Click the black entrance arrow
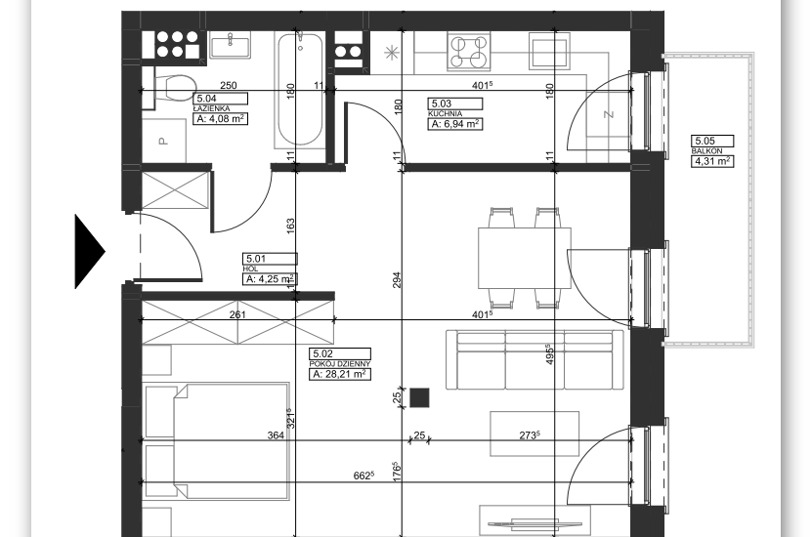[90, 252]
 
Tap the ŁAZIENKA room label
[211, 108]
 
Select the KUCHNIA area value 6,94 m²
[455, 124]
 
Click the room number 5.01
[256, 258]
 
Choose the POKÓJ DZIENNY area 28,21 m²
[340, 374]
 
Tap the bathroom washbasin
[231, 44]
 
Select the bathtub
[300, 89]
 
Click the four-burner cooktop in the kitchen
[469, 51]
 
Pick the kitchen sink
[549, 50]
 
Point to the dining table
[525, 258]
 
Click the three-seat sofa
[534, 360]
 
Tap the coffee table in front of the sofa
[534, 434]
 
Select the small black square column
[419, 397]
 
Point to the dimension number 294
[397, 280]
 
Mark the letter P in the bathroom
[163, 141]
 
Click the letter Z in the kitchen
[610, 114]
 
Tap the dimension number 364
[276, 435]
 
